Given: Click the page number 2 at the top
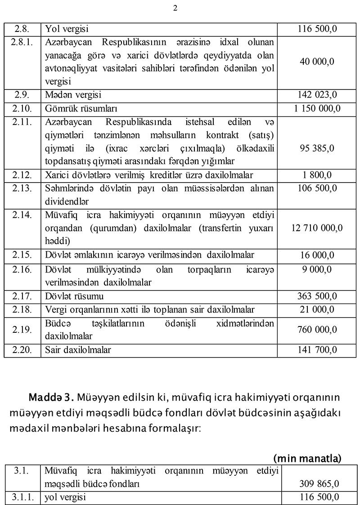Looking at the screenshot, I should tap(175, 8).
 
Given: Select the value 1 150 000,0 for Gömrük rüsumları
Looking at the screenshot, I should tap(317, 109).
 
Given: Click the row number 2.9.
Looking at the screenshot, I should tap(22, 95).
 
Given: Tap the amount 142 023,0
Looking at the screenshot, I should tap(317, 95).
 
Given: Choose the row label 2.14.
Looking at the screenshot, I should tap(22, 215).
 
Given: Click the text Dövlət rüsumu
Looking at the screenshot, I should tap(74, 296).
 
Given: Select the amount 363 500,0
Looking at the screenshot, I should tap(317, 296).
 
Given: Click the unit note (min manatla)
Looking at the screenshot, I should tap(307, 458).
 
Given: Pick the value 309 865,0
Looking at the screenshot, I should tap(319, 484).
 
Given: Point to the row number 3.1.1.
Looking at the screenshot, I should tap(22, 497).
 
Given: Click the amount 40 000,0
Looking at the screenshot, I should tap(317, 62).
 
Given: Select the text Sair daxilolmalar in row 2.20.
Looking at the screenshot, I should tap(78, 349).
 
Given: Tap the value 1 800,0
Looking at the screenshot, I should tap(317, 175).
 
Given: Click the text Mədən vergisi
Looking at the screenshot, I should tap(73, 95).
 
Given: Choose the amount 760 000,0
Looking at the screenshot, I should tap(317, 330).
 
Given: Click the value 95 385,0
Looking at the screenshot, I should tap(317, 148).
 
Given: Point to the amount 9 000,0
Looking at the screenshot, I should tap(317, 269).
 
